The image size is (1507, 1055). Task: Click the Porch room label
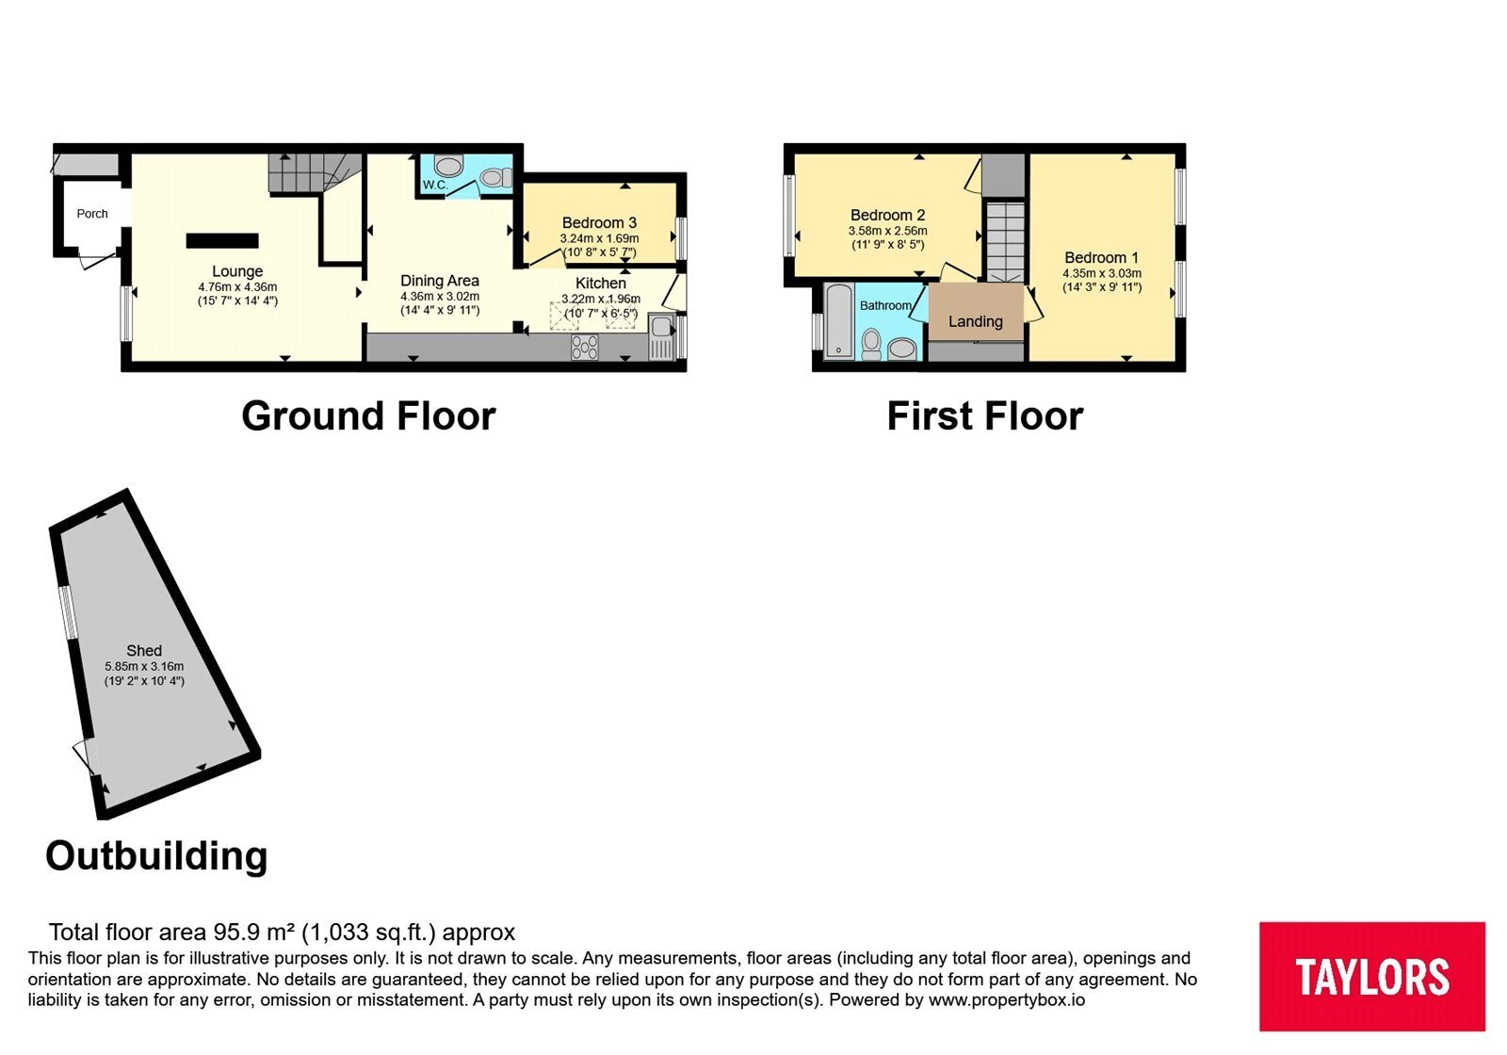[92, 214]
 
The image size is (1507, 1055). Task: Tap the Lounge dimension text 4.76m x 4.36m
[237, 287]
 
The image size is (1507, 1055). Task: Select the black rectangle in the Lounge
[222, 241]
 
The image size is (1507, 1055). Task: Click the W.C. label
[434, 185]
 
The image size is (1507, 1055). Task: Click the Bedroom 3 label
[599, 222]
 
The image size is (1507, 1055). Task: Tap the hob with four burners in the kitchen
[585, 348]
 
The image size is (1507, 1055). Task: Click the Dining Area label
[440, 281]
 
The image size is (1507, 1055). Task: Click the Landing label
[976, 321]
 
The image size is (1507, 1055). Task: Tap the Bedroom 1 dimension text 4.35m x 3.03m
[1102, 274]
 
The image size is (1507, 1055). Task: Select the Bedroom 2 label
[888, 216]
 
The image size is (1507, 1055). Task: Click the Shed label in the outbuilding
[144, 651]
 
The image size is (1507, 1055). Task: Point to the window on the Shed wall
[67, 612]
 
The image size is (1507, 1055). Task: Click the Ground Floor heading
[368, 415]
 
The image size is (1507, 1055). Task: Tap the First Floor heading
[985, 415]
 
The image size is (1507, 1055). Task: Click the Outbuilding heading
[156, 856]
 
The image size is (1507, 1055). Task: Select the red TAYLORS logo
[1372, 976]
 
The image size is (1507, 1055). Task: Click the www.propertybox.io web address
[1007, 999]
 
